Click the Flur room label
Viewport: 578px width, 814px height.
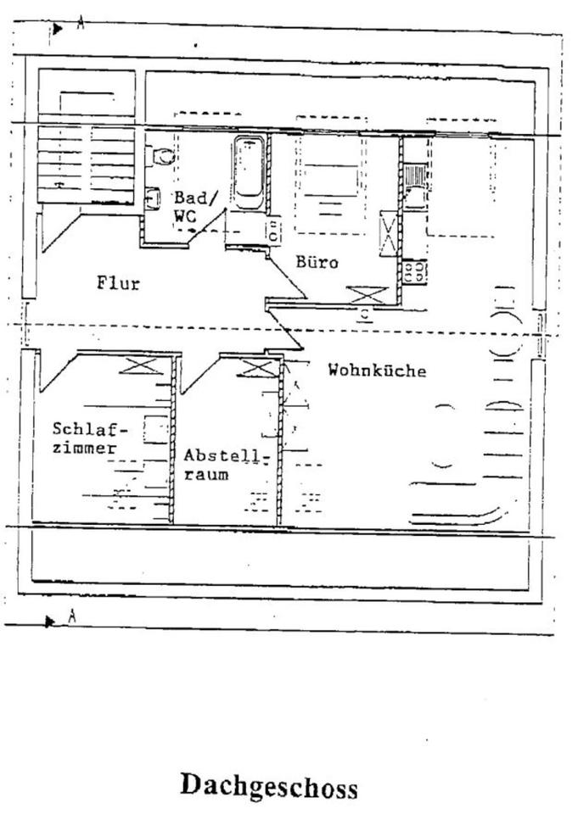(x=117, y=283)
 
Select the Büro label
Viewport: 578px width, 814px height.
(x=317, y=263)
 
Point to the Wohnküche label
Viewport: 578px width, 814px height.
(x=377, y=371)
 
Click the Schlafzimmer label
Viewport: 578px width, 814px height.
(x=83, y=438)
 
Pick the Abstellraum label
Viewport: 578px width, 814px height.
(x=225, y=465)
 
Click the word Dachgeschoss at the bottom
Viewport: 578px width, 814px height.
(x=268, y=786)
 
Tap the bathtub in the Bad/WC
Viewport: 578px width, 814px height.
(x=248, y=172)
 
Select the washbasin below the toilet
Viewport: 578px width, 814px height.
(x=154, y=197)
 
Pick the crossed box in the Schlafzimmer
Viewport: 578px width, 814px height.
(x=139, y=367)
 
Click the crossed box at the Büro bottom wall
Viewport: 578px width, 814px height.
(x=366, y=295)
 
